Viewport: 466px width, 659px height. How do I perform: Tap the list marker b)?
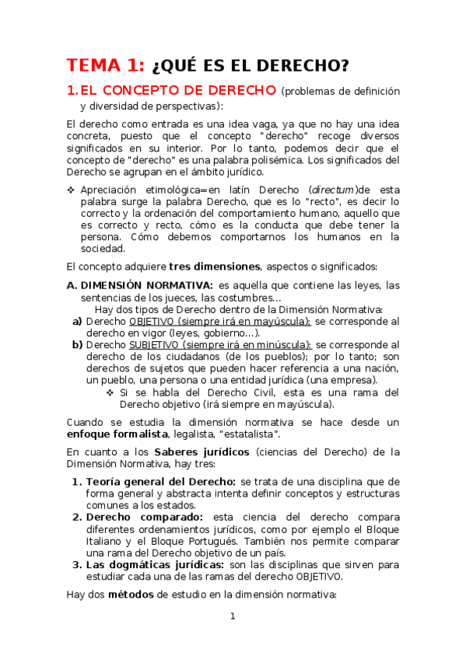tap(77, 345)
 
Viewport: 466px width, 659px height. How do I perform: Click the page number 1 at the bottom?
tap(232, 617)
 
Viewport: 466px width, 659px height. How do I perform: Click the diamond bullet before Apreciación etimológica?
tap(71, 190)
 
